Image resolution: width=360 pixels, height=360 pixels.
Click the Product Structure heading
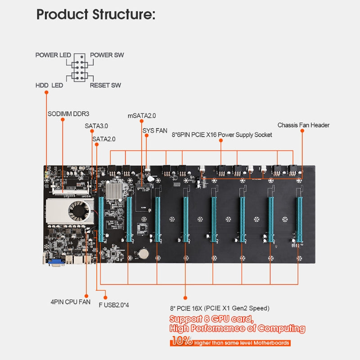coord(95,14)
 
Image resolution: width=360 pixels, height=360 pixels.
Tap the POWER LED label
coord(53,55)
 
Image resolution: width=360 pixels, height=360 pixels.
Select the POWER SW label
coord(107,55)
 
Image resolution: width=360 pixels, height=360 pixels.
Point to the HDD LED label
coord(49,85)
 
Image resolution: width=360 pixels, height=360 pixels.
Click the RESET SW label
coord(105,85)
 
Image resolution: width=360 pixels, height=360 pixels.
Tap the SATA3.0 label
coord(96,126)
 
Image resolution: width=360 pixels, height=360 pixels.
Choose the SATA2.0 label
coord(104,139)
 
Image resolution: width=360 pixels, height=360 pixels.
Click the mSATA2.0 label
coord(142,116)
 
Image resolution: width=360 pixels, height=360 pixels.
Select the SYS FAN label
coord(155,130)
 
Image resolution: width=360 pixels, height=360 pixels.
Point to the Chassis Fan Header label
coord(303,125)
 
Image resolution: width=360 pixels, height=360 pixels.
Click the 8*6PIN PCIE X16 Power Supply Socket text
coord(222,135)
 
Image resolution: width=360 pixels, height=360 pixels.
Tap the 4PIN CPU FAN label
coord(70,302)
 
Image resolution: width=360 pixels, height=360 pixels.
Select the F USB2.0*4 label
coord(114,305)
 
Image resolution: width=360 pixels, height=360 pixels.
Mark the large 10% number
coord(181,341)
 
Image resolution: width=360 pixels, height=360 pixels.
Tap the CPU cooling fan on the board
coord(77,208)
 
